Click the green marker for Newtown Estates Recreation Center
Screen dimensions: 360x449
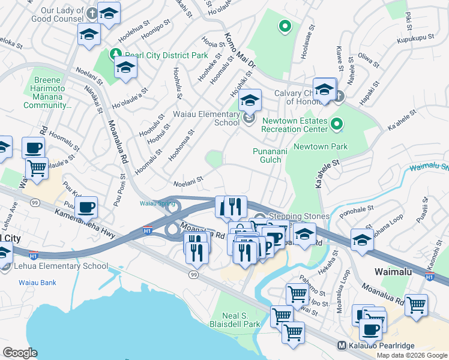coord(337,124)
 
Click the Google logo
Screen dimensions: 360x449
coord(20,353)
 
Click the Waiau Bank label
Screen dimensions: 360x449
coord(37,282)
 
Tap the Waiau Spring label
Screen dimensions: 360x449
coord(157,203)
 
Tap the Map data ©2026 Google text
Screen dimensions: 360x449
coord(411,355)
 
